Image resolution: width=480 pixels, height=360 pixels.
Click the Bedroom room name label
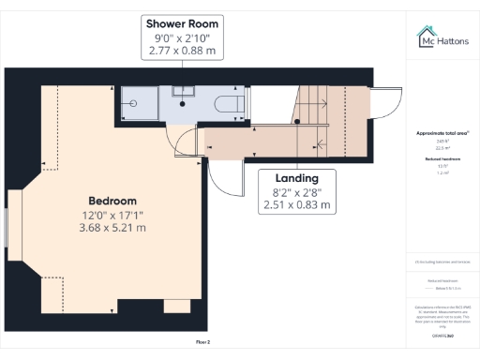[x=112, y=201]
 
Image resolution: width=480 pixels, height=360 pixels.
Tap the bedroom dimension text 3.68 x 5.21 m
[x=112, y=227]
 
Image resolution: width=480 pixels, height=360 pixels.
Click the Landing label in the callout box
[x=297, y=177]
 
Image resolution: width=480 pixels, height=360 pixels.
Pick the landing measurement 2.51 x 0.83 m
[x=297, y=204]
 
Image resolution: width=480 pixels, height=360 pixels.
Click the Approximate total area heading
[x=442, y=133]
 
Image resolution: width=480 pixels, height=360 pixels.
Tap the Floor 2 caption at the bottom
[x=202, y=342]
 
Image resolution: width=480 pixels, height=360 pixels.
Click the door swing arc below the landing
[x=220, y=173]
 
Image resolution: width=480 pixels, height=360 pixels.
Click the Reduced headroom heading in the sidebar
[x=442, y=160]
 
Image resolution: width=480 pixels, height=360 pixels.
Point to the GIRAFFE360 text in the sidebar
[x=442, y=335]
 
